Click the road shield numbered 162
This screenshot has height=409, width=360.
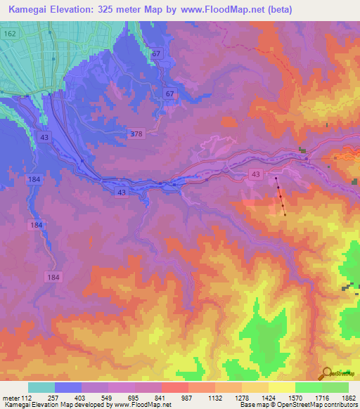tap(9, 33)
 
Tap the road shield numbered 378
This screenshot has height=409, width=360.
tap(137, 133)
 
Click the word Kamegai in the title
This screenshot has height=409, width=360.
tap(27, 10)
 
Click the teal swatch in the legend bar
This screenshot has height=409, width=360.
tap(41, 388)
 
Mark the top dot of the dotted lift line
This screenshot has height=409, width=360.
tap(276, 177)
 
